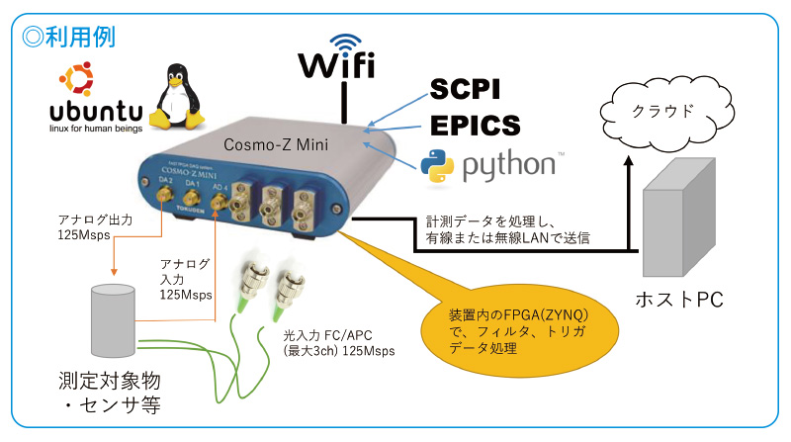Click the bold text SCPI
(x=465, y=91)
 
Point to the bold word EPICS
(x=473, y=127)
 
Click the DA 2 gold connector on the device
(x=159, y=206)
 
